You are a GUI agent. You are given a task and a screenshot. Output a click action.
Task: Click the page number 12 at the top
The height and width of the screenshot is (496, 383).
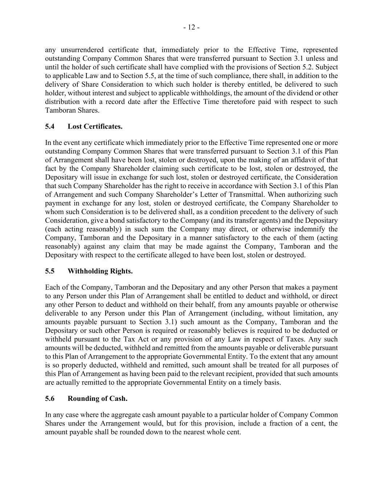[x=191, y=27]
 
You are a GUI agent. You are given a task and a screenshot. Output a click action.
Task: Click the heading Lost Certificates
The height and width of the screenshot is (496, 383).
[x=95, y=126]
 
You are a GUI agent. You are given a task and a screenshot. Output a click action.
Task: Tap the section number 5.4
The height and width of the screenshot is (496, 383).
[x=50, y=126]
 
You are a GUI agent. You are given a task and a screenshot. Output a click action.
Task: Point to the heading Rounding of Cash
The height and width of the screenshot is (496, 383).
[x=97, y=399]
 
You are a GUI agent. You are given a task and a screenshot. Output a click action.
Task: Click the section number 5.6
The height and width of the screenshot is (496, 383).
[x=50, y=399]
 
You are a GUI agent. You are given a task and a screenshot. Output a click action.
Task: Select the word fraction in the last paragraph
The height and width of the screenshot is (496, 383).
[x=276, y=423]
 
